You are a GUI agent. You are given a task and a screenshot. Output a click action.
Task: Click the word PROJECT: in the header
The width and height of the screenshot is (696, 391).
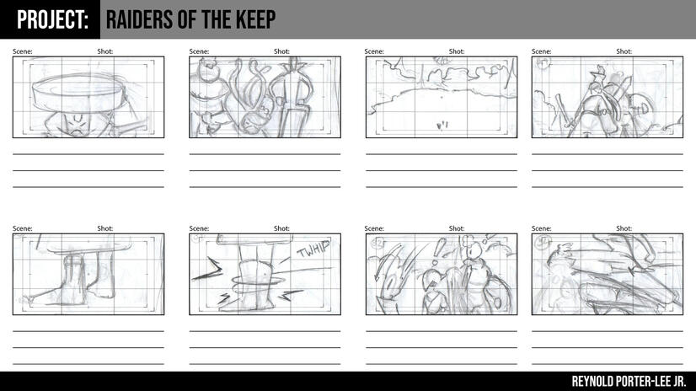pyautogui.click(x=52, y=20)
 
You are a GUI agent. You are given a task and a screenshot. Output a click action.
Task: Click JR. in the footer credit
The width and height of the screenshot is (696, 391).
pyautogui.click(x=680, y=381)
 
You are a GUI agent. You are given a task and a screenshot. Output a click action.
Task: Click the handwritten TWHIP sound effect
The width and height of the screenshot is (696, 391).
pyautogui.click(x=313, y=249)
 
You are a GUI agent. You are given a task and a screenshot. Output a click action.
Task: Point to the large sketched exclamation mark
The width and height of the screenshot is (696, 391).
pyautogui.click(x=438, y=251)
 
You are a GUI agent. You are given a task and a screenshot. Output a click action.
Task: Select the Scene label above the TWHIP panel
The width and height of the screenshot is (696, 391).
pyautogui.click(x=199, y=228)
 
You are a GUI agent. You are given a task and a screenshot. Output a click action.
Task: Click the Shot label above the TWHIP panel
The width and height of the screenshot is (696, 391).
pyautogui.click(x=281, y=228)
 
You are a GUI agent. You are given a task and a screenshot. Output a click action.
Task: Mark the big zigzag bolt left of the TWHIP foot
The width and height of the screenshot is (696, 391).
pyautogui.click(x=207, y=270)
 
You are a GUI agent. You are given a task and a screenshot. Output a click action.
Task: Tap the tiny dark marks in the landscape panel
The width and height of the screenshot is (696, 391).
pyautogui.click(x=442, y=126)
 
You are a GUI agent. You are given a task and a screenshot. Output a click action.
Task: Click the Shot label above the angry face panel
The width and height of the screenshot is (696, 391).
pyautogui.click(x=105, y=51)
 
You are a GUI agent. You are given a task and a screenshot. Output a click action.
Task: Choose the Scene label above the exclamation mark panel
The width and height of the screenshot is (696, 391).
pyautogui.click(x=374, y=228)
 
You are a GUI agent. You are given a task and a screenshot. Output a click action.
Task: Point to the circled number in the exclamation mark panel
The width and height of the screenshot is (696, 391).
pyautogui.click(x=379, y=243)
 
